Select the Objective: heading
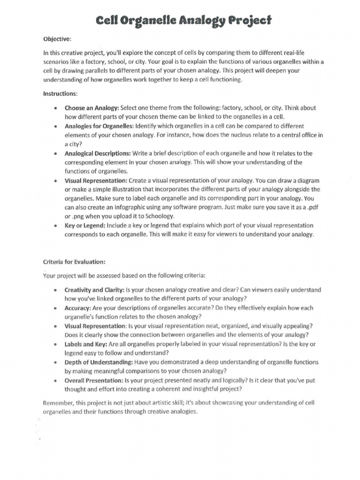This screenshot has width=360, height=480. pyautogui.click(x=57, y=39)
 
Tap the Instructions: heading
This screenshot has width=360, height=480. pyautogui.click(x=60, y=94)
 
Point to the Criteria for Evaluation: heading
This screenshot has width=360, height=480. pyautogui.click(x=74, y=262)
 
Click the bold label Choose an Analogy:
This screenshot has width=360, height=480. pyautogui.click(x=92, y=108)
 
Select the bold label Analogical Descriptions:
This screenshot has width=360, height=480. pyautogui.click(x=97, y=153)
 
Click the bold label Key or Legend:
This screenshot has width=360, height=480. pyautogui.click(x=85, y=225)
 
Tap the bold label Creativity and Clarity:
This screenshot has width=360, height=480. pyautogui.click(x=94, y=290)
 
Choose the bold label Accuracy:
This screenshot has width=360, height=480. pyautogui.click(x=77, y=308)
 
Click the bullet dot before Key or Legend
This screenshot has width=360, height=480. pyautogui.click(x=56, y=226)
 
